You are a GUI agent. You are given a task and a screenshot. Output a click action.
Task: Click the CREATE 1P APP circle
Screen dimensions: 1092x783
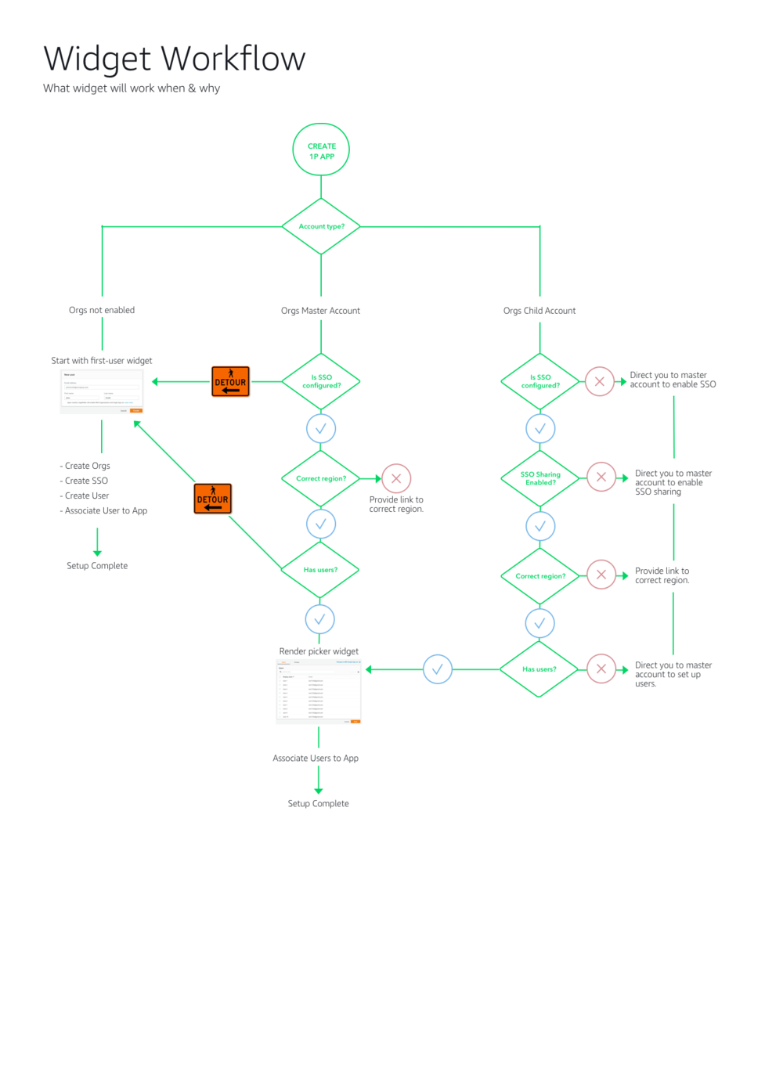coord(321,150)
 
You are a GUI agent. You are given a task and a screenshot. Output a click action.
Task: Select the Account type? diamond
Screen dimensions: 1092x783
coord(321,226)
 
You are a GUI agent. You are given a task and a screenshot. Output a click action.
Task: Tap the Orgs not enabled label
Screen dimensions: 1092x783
coord(102,310)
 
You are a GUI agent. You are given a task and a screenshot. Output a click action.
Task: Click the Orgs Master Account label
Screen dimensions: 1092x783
coord(320,311)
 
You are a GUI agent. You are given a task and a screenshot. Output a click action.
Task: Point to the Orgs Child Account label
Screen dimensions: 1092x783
coord(539,311)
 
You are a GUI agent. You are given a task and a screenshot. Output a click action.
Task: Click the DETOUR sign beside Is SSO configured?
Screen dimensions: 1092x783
coord(230,381)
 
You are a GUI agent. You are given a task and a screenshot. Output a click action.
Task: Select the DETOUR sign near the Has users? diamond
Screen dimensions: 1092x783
coord(212,499)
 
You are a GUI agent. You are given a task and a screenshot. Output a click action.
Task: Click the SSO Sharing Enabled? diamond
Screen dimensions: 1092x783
coord(540,478)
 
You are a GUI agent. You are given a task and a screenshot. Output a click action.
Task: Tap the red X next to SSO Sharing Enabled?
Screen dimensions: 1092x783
coord(601,477)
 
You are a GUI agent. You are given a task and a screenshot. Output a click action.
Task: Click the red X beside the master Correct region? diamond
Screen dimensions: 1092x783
coord(396,478)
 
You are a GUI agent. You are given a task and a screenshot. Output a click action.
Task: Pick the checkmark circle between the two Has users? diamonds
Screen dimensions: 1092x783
coord(438,669)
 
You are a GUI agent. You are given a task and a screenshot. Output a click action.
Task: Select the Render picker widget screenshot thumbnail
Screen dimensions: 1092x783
coord(319,692)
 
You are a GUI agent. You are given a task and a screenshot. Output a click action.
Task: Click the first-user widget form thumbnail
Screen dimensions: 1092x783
coord(102,391)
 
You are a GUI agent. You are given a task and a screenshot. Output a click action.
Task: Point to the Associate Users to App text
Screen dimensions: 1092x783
coord(316,758)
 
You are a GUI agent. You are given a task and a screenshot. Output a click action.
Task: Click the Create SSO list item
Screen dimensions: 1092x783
coord(86,481)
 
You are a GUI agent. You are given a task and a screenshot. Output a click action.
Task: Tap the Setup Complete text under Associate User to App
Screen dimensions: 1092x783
coord(97,565)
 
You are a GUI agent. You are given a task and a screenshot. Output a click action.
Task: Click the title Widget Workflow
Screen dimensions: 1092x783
coord(174,59)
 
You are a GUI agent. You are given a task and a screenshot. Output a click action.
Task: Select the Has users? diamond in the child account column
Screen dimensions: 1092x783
coord(539,669)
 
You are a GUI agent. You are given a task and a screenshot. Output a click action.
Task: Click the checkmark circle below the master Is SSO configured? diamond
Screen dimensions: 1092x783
coord(321,428)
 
